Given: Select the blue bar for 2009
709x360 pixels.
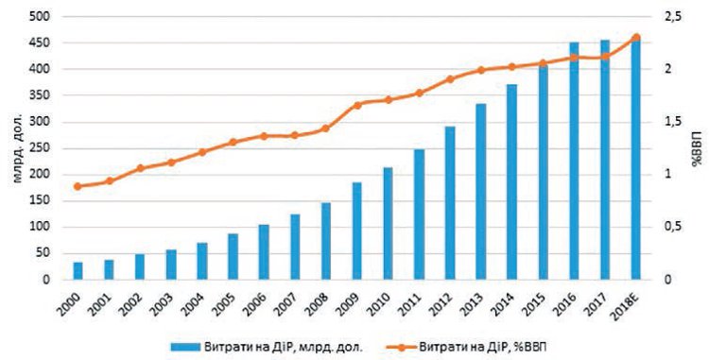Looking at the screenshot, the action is pyautogui.click(x=356, y=231).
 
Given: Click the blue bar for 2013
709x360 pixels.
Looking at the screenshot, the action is pyautogui.click(x=480, y=192).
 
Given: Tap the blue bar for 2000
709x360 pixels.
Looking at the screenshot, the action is pyautogui.click(x=78, y=270).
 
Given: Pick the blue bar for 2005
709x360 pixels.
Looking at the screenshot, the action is pyautogui.click(x=233, y=257).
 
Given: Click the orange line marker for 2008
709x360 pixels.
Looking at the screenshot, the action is pyautogui.click(x=325, y=129).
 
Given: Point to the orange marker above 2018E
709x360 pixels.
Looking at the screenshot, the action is pyautogui.click(x=636, y=38).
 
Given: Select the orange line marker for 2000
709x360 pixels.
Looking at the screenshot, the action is pyautogui.click(x=78, y=186).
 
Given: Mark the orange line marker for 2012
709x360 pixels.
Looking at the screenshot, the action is pyautogui.click(x=449, y=79).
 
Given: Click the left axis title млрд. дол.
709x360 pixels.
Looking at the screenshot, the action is pyautogui.click(x=17, y=148).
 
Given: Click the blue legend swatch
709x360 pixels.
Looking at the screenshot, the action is pyautogui.click(x=185, y=347).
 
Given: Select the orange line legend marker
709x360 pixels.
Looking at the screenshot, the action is pyautogui.click(x=401, y=347).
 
